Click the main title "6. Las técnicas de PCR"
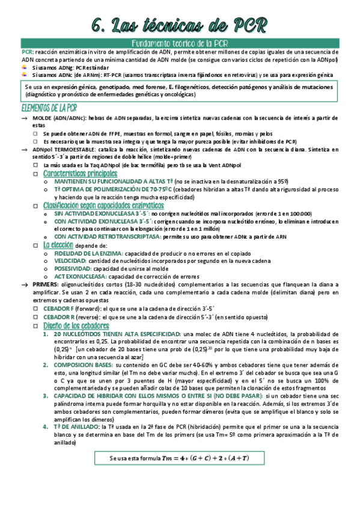tap(180, 24)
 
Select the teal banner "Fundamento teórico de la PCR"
tap(180, 43)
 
